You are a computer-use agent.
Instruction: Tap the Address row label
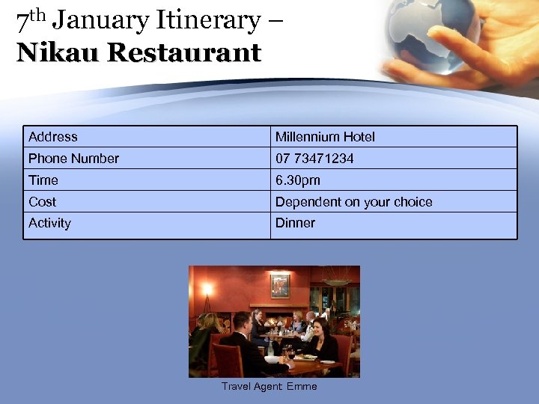(53, 137)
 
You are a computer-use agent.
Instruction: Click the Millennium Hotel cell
(325, 137)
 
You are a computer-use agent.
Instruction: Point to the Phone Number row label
(73, 159)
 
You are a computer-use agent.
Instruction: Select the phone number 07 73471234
(314, 159)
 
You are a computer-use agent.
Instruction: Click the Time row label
(43, 180)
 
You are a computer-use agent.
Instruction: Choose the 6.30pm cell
(297, 180)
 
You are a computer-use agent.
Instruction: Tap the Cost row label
(43, 202)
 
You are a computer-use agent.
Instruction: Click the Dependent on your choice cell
(353, 202)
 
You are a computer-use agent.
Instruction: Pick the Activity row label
(49, 223)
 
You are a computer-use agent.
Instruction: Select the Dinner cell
(295, 223)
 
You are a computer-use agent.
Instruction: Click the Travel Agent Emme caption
(269, 387)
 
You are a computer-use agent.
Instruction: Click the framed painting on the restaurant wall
(281, 284)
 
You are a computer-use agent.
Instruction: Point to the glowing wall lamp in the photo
(207, 289)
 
